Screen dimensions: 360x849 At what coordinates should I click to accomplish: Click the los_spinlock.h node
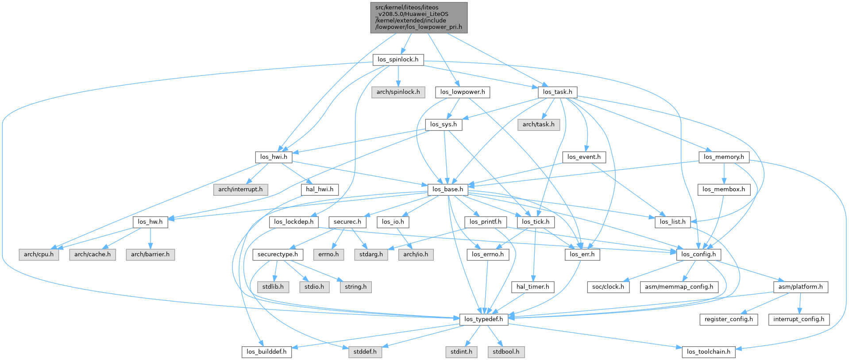coord(398,59)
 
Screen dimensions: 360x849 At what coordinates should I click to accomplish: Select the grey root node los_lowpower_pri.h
coord(419,17)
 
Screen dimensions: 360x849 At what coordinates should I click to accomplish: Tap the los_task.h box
coord(557,92)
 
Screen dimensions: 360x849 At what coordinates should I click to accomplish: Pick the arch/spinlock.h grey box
coord(398,92)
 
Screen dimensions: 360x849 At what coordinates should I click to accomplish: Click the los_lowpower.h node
coord(462,92)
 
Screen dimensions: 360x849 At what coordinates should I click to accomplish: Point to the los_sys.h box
coord(443,124)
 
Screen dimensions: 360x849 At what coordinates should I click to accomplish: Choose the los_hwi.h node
coord(274,157)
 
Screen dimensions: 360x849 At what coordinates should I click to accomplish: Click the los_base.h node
coord(448,190)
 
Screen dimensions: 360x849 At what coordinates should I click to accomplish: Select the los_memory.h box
coord(724,157)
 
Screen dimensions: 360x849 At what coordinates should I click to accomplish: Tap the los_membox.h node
coord(724,190)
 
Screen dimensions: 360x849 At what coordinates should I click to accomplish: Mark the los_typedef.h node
coord(483,319)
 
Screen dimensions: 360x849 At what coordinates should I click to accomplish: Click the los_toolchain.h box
coord(709,352)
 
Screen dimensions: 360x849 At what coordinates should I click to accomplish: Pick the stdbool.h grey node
coord(506,352)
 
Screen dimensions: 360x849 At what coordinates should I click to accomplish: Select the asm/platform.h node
coord(800,287)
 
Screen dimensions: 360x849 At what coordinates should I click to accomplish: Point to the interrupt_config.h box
coord(799,319)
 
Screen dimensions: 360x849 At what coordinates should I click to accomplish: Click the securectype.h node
coord(278,255)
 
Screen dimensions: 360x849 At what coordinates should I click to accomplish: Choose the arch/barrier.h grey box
coord(150,255)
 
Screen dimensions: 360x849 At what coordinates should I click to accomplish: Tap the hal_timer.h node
coord(533,287)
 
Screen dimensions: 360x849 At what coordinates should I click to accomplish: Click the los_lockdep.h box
coord(293,222)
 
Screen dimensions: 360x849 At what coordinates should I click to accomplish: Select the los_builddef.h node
coord(266,352)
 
